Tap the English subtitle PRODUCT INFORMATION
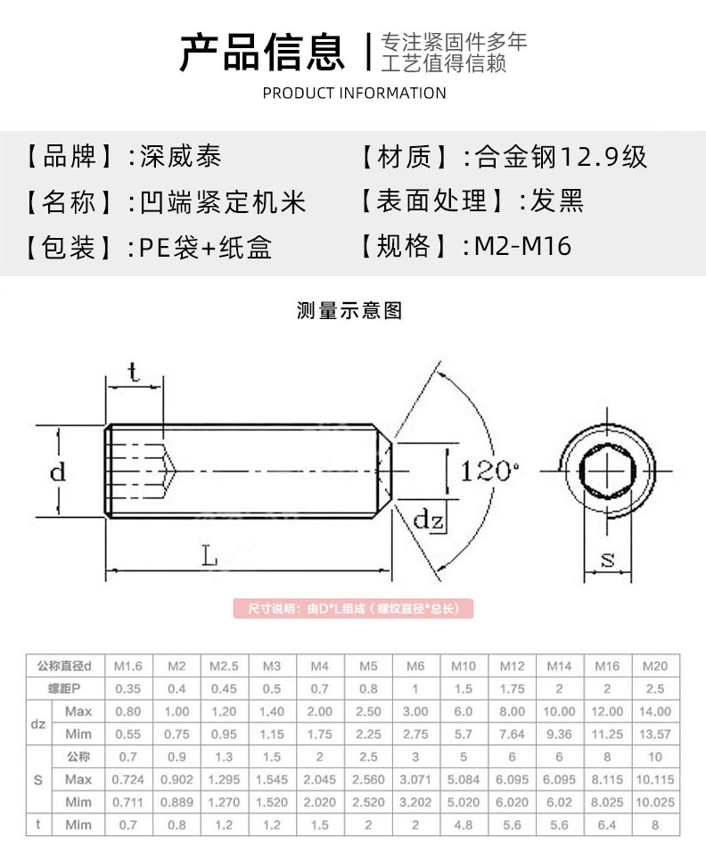(354, 94)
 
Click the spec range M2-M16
(522, 246)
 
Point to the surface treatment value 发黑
(557, 201)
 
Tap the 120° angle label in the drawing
(490, 471)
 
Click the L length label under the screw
(209, 557)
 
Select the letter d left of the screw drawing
(57, 472)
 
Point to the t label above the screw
(133, 372)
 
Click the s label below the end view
(608, 560)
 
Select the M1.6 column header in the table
(128, 666)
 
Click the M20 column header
(655, 666)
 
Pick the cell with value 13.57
(655, 734)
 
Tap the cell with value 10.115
(655, 780)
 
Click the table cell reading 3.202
(415, 802)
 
